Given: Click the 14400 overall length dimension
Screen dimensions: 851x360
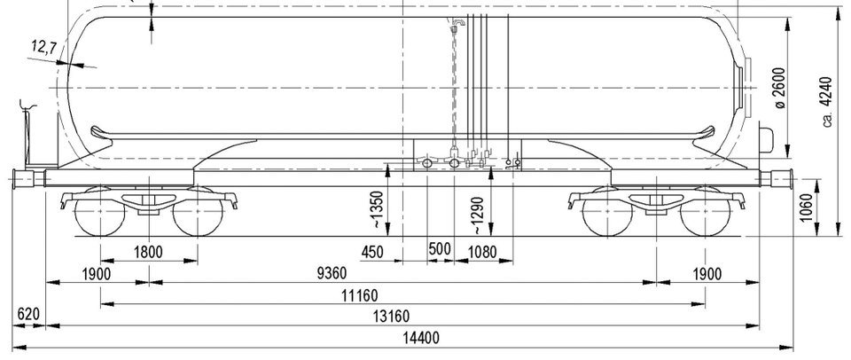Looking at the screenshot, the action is (x=420, y=339).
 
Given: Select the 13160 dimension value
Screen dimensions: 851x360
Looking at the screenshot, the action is (x=392, y=316).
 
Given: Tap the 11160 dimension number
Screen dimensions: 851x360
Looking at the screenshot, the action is (x=359, y=296).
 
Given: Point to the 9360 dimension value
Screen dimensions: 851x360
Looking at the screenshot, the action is (x=331, y=273).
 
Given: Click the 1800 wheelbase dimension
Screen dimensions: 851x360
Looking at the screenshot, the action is (x=148, y=252).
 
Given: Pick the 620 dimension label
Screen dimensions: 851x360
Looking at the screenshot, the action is (x=28, y=315).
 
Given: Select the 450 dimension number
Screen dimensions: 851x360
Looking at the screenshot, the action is (x=372, y=252).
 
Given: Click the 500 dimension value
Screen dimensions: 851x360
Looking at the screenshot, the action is (x=440, y=249).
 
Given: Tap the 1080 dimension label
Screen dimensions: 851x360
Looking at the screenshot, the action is (x=482, y=252).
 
